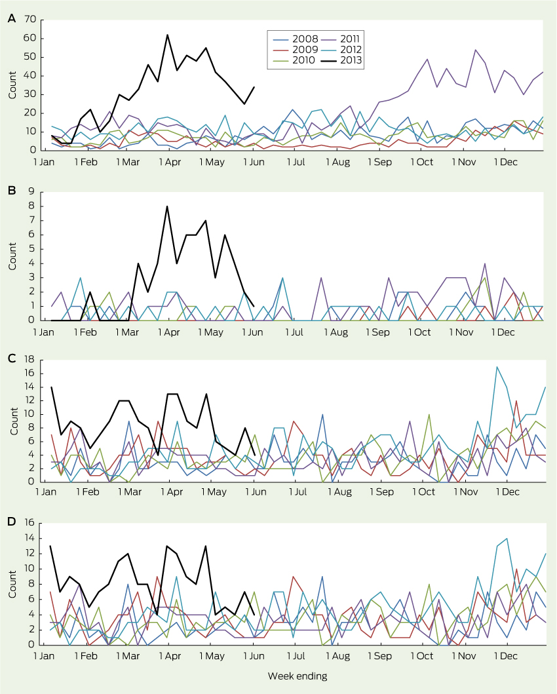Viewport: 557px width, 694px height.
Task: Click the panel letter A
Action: coord(10,20)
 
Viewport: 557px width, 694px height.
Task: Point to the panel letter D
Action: coord(10,522)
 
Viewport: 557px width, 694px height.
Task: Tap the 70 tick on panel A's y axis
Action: coord(29,20)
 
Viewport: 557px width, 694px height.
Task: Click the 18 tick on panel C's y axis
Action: coord(29,360)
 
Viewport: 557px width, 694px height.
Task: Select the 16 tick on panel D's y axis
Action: coord(29,524)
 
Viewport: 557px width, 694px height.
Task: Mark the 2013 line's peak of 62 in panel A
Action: coord(167,35)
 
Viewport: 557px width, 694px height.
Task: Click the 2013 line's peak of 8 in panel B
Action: coord(167,206)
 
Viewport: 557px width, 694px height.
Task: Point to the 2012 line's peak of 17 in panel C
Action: coord(497,367)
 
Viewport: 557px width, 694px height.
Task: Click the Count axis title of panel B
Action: coord(13,257)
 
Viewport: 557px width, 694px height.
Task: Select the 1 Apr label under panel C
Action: coord(170,492)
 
